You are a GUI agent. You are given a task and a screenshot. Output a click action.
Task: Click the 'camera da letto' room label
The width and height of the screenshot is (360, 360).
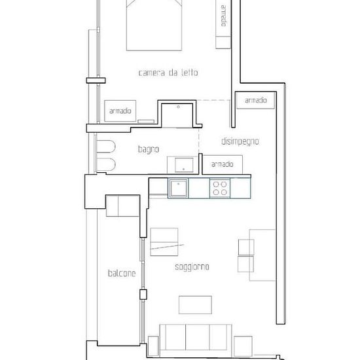coord(168,73)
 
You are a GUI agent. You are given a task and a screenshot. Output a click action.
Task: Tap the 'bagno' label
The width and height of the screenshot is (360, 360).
coord(149,149)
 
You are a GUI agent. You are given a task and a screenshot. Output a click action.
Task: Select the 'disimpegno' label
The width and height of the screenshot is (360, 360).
coord(240,141)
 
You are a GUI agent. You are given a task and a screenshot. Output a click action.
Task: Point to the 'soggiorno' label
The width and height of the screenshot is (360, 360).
coord(192,267)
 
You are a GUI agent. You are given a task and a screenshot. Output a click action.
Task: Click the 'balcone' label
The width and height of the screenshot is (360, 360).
coord(122,273)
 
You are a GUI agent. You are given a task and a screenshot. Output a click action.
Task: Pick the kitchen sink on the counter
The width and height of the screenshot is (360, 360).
coord(179,188)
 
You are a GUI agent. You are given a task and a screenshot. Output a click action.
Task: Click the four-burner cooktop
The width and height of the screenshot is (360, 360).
coord(220,188)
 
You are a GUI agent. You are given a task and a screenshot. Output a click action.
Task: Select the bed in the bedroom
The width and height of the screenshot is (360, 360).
coord(154,25)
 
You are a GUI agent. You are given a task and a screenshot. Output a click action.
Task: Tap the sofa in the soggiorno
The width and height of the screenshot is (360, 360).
coord(196,337)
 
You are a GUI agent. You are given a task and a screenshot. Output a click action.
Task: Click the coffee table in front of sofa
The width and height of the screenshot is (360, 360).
coord(195,305)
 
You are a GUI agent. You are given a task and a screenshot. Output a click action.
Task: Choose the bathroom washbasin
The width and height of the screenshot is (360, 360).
coord(184,165)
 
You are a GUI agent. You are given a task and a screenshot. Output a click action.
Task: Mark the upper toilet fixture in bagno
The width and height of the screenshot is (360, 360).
coord(106,147)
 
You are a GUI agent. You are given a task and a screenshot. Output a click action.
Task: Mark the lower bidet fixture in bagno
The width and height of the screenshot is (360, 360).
coord(106,164)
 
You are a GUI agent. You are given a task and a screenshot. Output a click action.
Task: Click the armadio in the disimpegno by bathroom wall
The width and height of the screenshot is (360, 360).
coord(223,164)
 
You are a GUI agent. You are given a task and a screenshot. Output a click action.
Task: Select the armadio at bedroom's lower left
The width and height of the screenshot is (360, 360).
coord(120,111)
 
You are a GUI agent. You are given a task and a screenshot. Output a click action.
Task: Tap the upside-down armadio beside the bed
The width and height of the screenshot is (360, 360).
coord(223,24)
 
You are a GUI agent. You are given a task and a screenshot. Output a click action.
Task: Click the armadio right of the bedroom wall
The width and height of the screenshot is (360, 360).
coord(255,100)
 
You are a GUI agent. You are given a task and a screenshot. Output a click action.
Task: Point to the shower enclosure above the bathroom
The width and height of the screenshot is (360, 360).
coord(177,115)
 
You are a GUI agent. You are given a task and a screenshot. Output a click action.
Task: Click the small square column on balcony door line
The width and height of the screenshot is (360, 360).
coord(143,295)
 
